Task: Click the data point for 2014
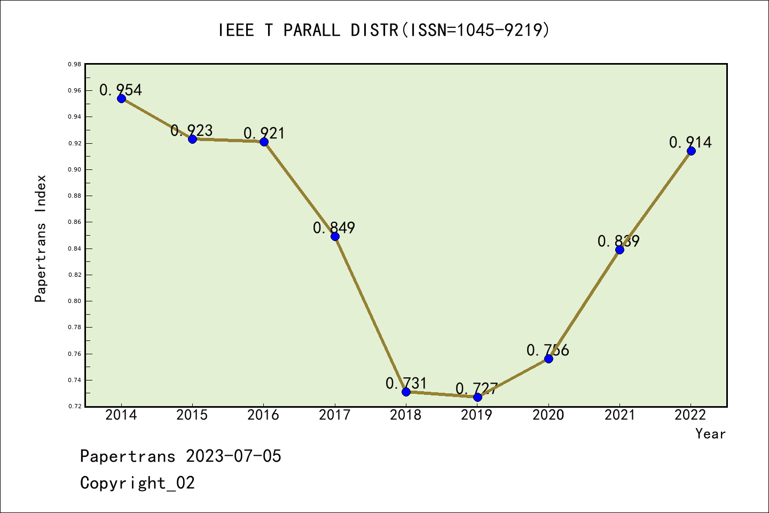point(121,98)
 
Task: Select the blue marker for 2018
point(406,392)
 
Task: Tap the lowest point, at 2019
point(477,397)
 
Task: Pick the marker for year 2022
point(691,151)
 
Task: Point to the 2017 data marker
point(335,236)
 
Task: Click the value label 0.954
point(121,90)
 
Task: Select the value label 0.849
point(334,228)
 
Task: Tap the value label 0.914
point(690,142)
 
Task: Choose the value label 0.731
point(406,383)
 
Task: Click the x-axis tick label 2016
point(263,415)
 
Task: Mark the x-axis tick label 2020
point(548,415)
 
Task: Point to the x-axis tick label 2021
point(619,415)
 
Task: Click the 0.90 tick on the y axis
point(75,169)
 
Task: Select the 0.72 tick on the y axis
point(75,407)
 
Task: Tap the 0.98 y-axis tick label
point(75,65)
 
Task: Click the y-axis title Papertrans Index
point(41,238)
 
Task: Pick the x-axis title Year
point(710,434)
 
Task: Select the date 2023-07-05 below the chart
point(233,456)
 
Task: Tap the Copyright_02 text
point(137,483)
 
